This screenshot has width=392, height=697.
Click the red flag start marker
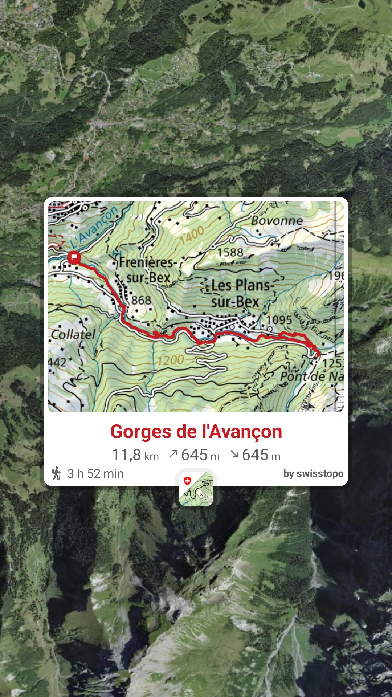click(74, 258)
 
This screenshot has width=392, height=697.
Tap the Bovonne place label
click(277, 220)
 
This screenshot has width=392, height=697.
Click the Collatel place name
click(73, 334)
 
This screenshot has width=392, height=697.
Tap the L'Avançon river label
click(95, 227)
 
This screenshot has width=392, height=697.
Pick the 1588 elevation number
click(230, 252)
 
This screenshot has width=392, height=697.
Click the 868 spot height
click(141, 300)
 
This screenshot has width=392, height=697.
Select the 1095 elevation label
click(279, 320)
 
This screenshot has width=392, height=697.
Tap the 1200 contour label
click(170, 360)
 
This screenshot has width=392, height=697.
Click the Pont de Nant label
click(311, 376)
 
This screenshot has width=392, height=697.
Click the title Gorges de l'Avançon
click(196, 432)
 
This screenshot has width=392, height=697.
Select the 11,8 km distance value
click(135, 455)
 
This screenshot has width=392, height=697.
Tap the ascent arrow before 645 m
click(173, 454)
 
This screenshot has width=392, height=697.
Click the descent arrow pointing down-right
click(234, 454)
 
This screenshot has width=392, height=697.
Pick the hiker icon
click(57, 473)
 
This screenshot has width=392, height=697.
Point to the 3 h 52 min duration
click(95, 474)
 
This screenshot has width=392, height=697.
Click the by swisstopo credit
click(313, 474)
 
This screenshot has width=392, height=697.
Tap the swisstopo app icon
click(196, 489)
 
